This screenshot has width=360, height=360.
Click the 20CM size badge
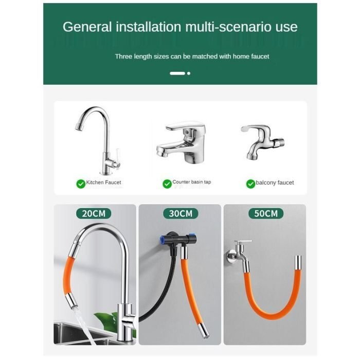pyautogui.click(x=94, y=213)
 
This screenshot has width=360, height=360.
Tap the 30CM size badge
pyautogui.click(x=181, y=213)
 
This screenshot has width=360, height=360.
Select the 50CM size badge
pyautogui.click(x=266, y=213)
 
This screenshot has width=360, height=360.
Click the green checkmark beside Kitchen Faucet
pyautogui.click(x=81, y=184)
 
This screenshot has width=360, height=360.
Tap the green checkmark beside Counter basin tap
pyautogui.click(x=167, y=184)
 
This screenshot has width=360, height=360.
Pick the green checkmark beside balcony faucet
pyautogui.click(x=251, y=184)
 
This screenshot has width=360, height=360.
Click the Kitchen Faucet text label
pyautogui.click(x=103, y=183)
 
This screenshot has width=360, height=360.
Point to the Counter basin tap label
pyautogui.click(x=192, y=182)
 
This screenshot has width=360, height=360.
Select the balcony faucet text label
pyautogui.click(x=275, y=183)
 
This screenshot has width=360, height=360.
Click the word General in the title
pyautogui.click(x=87, y=27)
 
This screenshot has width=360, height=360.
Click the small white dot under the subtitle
pyautogui.click(x=189, y=74)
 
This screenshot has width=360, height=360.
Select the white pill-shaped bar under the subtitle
pyautogui.click(x=177, y=74)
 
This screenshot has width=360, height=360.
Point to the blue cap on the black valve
pyautogui.click(x=163, y=240)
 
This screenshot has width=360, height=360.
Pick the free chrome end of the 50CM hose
pyautogui.click(x=298, y=262)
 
